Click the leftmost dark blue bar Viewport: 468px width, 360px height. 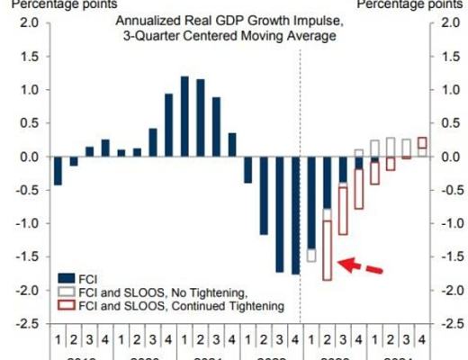point(58,170)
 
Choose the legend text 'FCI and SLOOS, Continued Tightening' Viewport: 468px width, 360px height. point(166,307)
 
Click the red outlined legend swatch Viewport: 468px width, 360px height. point(65,306)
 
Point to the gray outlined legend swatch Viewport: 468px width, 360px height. point(65,292)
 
